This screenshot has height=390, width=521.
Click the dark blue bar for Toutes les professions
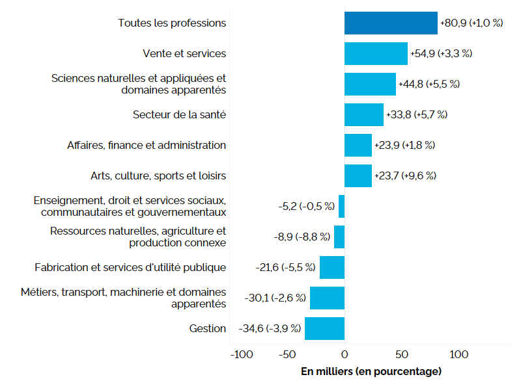tap(391, 23)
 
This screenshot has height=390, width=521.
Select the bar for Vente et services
tap(376, 53)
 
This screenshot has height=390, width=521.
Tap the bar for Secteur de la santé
tap(364, 114)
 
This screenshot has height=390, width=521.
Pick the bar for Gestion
tap(324, 328)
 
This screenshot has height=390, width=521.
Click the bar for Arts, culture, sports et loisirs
tap(358, 175)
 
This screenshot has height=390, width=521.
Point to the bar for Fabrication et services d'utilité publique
tap(332, 267)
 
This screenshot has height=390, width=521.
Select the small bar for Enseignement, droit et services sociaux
tap(341, 206)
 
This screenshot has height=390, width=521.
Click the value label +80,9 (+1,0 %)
tap(472, 23)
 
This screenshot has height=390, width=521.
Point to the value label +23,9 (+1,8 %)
tap(404, 145)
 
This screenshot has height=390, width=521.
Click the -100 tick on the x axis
tap(242, 355)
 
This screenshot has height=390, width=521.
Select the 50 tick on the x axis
tap(402, 355)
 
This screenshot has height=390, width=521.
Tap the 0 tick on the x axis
tap(345, 355)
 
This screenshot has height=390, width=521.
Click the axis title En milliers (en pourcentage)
tap(371, 372)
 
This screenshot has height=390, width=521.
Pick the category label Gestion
tap(208, 328)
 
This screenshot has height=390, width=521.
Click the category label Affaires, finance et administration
tap(147, 145)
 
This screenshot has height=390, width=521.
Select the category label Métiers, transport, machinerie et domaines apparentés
tap(124, 298)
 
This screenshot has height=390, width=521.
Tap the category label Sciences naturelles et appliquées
tap(139, 84)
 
